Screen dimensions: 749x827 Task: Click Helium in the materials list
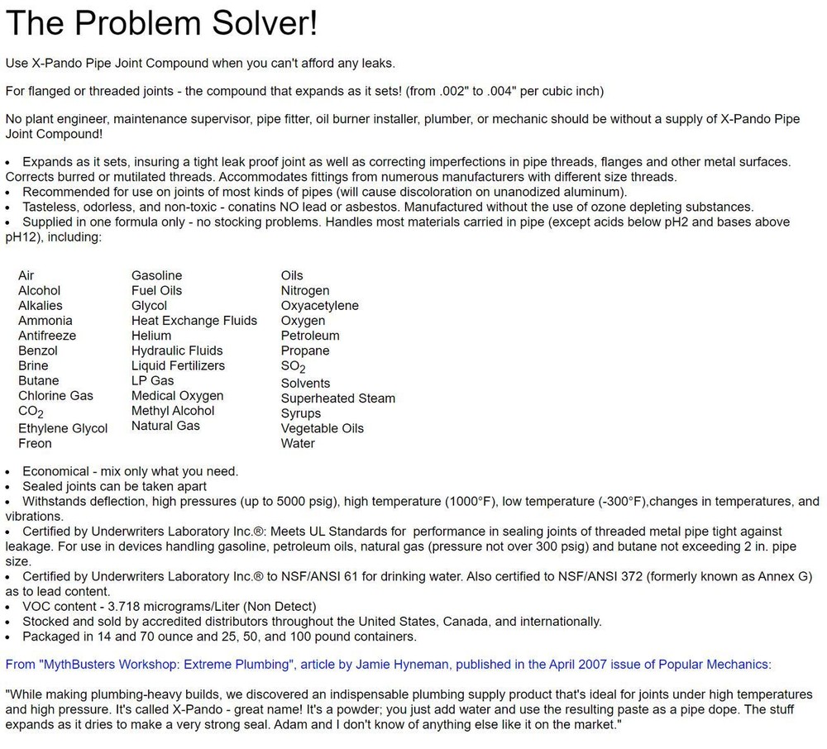pos(151,336)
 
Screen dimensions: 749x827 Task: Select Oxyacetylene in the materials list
pos(319,306)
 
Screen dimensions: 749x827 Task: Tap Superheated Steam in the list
pos(337,398)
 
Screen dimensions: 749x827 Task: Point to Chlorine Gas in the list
pos(55,396)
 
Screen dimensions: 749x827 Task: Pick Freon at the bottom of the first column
pos(35,443)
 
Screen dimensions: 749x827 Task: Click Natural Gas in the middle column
pos(165,426)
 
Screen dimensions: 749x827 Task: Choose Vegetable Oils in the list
pos(322,428)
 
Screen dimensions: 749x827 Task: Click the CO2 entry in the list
pos(31,412)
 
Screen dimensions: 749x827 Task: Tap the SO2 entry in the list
pos(293,366)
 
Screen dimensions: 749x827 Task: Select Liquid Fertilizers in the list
pos(178,365)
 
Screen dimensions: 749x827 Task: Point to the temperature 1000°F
pos(471,501)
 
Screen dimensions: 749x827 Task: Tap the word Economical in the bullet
pos(55,471)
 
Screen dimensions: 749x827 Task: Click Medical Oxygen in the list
pos(177,396)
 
